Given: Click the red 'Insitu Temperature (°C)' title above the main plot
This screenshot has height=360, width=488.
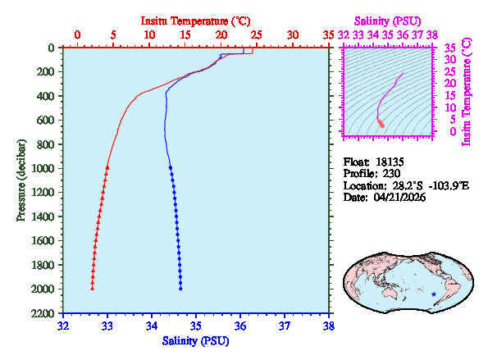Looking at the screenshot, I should click(x=195, y=19).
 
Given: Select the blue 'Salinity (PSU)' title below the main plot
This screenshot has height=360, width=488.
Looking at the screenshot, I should click(x=195, y=340).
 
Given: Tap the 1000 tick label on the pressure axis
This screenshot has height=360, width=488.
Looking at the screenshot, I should click(x=44, y=169).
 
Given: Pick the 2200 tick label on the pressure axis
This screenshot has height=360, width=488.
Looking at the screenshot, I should click(x=44, y=314).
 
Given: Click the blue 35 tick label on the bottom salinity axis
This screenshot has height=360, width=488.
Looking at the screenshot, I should click(x=196, y=326).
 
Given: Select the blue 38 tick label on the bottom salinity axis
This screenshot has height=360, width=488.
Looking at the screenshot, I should click(x=329, y=326).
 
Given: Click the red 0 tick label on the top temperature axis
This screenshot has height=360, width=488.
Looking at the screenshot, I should click(x=77, y=35).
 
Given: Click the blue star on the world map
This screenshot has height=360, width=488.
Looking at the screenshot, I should click(x=434, y=294).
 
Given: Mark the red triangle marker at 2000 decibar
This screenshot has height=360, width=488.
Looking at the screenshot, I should click(x=92, y=289).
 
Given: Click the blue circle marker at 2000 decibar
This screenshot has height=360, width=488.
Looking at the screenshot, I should click(x=180, y=289).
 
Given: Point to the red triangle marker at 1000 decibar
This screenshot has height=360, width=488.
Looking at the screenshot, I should click(x=107, y=167).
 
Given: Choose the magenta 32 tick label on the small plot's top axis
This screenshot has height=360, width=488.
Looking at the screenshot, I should click(x=343, y=35).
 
